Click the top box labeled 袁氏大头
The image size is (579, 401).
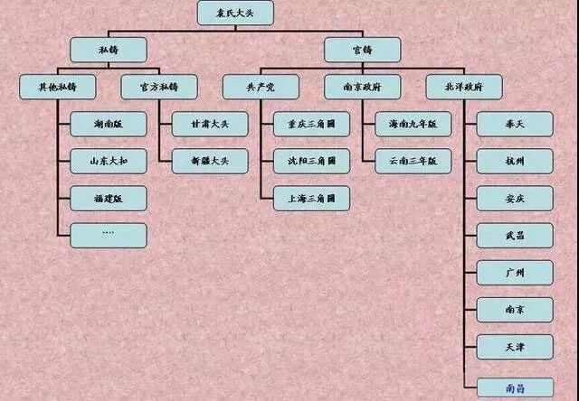[235, 14]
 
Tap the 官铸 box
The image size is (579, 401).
[362, 50]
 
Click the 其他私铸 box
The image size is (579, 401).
[57, 88]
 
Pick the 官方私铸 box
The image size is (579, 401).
[159, 88]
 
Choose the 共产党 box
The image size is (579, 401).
[261, 88]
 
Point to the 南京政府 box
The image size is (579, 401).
[363, 88]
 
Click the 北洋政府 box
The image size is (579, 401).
[464, 88]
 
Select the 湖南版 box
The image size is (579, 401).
[109, 125]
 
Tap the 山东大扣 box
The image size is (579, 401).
[109, 161]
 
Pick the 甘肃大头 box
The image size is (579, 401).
[210, 125]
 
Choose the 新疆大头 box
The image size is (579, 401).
[210, 161]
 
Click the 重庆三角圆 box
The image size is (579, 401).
[311, 125]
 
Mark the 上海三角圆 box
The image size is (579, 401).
[311, 198]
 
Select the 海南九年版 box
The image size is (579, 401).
[413, 125]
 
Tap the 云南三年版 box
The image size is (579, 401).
[413, 161]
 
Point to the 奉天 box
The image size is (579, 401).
[515, 125]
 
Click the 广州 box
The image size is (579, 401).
[515, 272]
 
